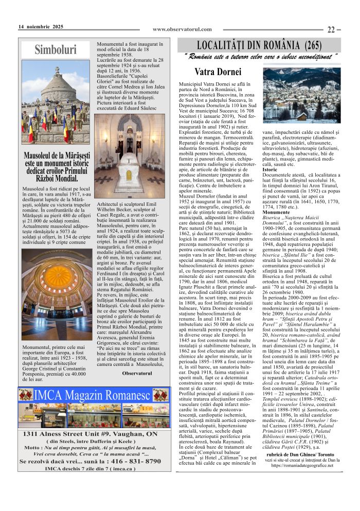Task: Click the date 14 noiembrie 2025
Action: (x=41, y=27)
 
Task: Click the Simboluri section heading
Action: (x=55, y=49)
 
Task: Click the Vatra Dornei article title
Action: (x=218, y=72)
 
